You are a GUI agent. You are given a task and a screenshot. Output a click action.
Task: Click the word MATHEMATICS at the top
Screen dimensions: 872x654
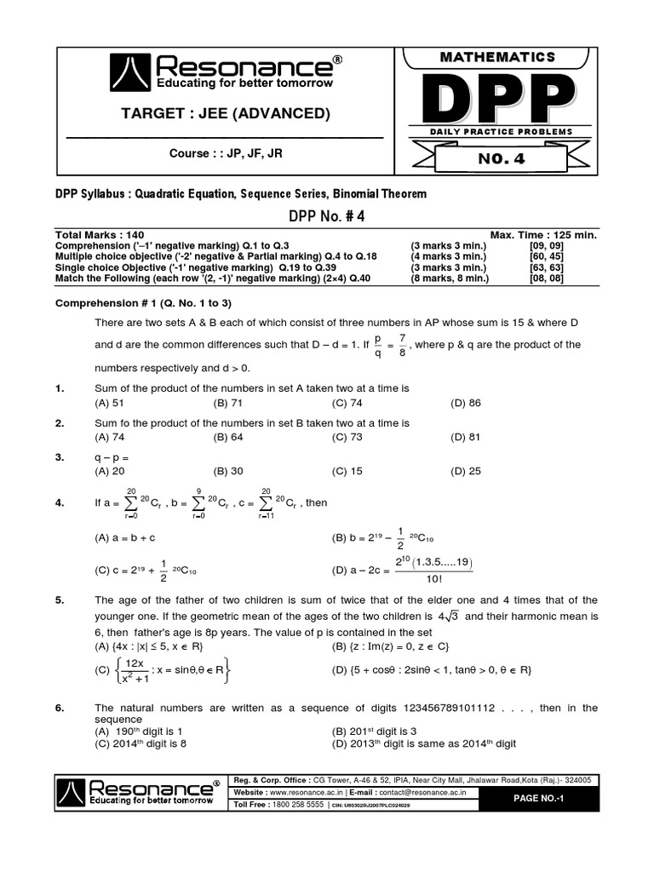coord(496,57)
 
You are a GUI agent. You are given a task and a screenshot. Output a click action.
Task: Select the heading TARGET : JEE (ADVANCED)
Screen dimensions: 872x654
coord(226,114)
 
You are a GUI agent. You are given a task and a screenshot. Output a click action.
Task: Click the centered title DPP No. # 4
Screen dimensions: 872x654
coord(326,215)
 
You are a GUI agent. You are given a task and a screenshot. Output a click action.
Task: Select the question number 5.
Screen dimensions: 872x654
coord(60,600)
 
